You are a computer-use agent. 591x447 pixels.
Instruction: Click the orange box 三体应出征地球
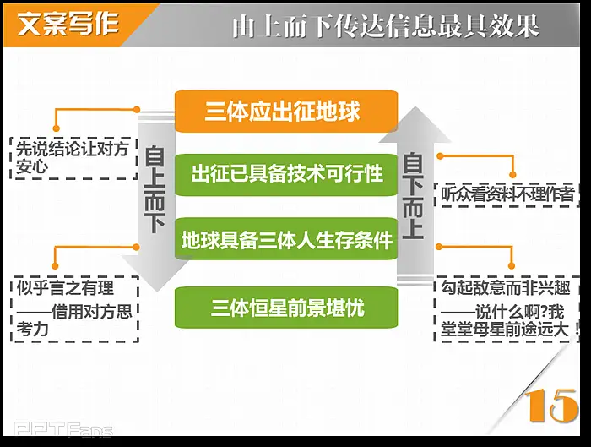tap(286, 112)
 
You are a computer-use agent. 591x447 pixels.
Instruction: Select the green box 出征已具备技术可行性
tap(286, 174)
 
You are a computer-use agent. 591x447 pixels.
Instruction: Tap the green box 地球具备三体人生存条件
tap(286, 239)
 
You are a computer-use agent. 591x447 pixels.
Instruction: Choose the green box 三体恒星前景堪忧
tap(286, 308)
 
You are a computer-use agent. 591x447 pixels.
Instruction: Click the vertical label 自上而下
tap(155, 190)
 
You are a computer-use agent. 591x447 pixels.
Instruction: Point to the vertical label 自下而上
tap(413, 196)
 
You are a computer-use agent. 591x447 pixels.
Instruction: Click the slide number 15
tap(551, 406)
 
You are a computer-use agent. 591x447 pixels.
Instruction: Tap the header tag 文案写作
tap(68, 25)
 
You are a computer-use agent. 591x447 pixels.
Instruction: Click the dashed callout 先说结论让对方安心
tap(73, 158)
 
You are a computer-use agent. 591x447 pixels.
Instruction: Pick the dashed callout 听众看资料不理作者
tap(507, 194)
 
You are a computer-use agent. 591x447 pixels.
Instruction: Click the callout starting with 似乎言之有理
tap(74, 309)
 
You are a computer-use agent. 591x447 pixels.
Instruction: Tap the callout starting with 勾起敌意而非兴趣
tap(507, 309)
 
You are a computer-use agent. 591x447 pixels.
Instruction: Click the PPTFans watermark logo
tap(63, 429)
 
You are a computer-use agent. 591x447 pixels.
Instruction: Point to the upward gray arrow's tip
tap(415, 106)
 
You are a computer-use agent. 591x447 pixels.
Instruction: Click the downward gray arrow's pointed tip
tap(158, 292)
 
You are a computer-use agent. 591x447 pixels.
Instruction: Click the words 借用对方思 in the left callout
tap(91, 312)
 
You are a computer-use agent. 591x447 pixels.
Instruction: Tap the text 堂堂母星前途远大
tap(505, 330)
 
